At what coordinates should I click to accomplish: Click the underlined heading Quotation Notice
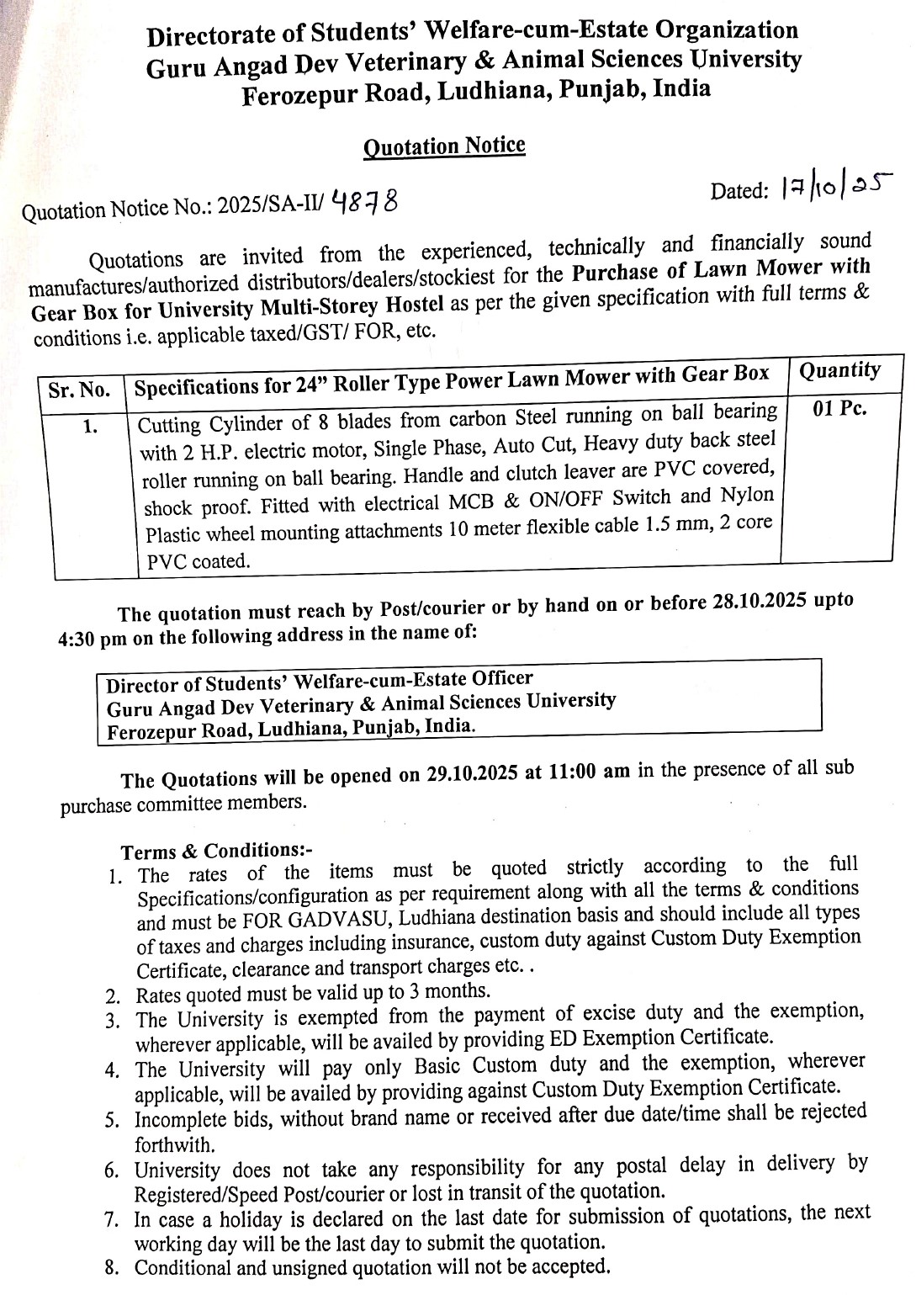pos(444,146)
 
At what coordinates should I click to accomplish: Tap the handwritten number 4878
pos(365,201)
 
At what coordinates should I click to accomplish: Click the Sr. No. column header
pos(79,390)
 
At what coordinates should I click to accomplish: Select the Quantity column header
pos(839,370)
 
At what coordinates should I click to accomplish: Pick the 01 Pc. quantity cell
pos(839,410)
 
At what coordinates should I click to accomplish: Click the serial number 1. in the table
pos(90,427)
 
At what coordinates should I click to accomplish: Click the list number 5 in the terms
pos(112,1121)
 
